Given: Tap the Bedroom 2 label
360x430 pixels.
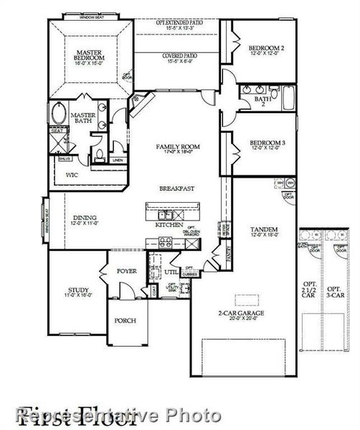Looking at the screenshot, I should pyautogui.click(x=267, y=49).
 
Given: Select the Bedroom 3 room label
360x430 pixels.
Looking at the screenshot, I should pyautogui.click(x=267, y=143).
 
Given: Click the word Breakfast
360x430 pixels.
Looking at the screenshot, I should pyautogui.click(x=177, y=188).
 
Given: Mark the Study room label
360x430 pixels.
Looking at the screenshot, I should pyautogui.click(x=79, y=290).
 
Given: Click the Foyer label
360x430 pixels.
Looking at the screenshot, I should pyautogui.click(x=127, y=271).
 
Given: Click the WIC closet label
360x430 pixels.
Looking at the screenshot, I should pyautogui.click(x=72, y=173).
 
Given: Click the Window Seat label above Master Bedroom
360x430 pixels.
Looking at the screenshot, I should pyautogui.click(x=91, y=15).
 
